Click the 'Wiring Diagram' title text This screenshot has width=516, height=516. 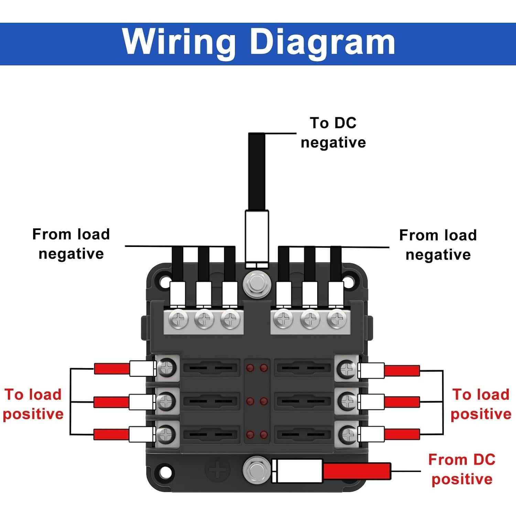[x=259, y=42]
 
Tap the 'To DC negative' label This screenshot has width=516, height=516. [x=333, y=133]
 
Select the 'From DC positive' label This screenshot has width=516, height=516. [x=462, y=469]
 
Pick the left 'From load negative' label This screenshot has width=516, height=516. [x=71, y=244]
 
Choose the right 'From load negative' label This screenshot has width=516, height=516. [x=438, y=245]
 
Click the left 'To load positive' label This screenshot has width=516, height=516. [x=33, y=404]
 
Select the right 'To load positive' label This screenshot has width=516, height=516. [x=481, y=404]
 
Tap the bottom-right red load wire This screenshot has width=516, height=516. [x=402, y=434]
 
